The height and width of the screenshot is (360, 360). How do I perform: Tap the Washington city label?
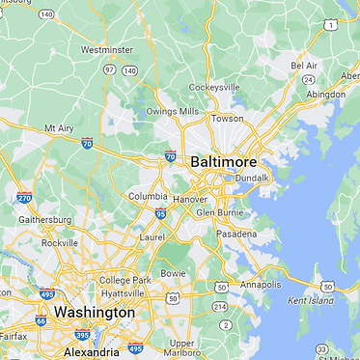[x=95, y=313]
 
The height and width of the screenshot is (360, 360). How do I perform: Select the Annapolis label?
[x=261, y=285]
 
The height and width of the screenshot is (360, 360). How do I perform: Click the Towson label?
[x=227, y=118]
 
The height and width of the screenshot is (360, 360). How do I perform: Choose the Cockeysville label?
[x=213, y=86]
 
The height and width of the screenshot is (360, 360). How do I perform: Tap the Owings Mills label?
[x=174, y=112]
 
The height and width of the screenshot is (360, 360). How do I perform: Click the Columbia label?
[x=149, y=197]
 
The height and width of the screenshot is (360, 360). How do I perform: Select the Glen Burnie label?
[x=216, y=212]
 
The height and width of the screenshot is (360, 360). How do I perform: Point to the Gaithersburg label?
[x=46, y=220]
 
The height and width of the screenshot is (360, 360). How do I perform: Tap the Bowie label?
[x=173, y=274]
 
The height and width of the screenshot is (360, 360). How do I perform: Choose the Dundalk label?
[x=251, y=178]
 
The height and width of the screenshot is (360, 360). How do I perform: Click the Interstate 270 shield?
[x=24, y=197]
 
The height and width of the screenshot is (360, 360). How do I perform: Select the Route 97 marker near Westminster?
[x=109, y=69]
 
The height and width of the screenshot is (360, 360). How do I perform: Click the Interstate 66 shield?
[x=41, y=320]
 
